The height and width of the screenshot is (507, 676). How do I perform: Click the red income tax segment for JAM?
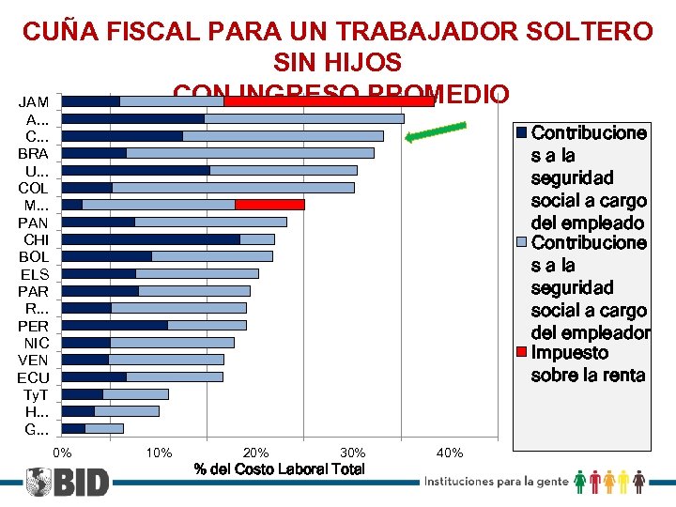[x=329, y=100]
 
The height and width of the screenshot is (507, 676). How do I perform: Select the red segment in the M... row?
[x=269, y=205]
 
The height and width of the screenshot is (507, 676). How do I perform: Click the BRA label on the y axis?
[x=34, y=153]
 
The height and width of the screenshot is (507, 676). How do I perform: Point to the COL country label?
[x=34, y=188]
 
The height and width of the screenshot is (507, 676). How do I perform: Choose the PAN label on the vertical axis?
[x=34, y=223]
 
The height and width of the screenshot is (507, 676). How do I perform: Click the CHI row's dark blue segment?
[x=150, y=239]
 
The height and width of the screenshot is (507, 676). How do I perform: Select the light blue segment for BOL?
[x=212, y=256]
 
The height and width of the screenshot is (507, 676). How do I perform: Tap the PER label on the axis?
[x=34, y=326]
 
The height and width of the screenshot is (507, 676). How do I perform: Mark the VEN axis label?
[x=34, y=360]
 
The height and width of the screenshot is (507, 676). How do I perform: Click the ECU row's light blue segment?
[x=175, y=376]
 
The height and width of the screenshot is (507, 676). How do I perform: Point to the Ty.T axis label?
[x=35, y=394]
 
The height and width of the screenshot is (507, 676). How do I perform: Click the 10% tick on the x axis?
[x=160, y=453]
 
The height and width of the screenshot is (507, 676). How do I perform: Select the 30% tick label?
[x=353, y=453]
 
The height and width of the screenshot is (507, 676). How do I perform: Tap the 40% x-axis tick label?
[x=450, y=453]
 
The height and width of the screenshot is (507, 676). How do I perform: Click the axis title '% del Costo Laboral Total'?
[x=279, y=469]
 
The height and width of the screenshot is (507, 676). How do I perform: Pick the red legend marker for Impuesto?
[x=523, y=353]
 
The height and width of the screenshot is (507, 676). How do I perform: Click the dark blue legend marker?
[x=523, y=132]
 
